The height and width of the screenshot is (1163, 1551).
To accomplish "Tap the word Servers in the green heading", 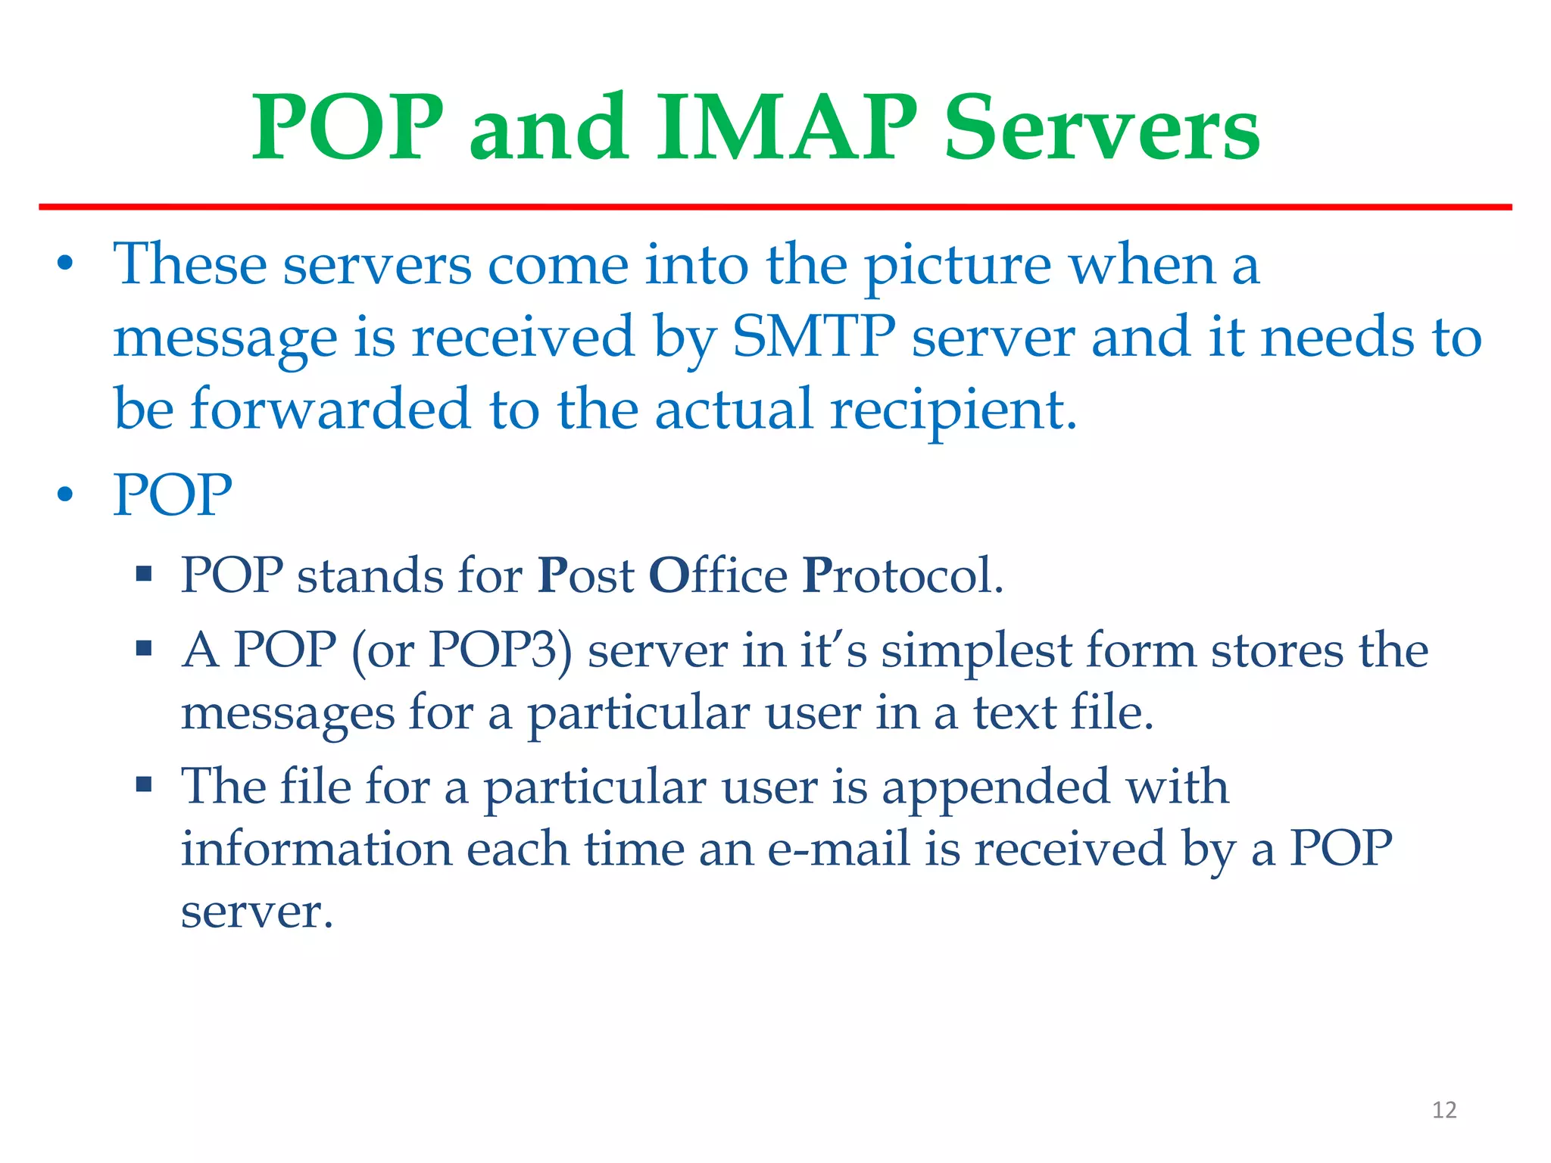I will tap(1102, 129).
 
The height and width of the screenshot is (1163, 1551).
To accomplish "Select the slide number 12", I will tap(1444, 1110).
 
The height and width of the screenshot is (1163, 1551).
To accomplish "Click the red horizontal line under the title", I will tap(775, 207).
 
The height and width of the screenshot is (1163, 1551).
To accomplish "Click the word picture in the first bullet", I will tap(957, 267).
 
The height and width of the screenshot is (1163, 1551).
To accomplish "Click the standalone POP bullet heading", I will tap(173, 494).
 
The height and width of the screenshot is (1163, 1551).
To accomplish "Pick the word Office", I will tap(718, 575).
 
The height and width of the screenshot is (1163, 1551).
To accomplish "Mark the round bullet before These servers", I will tap(66, 265).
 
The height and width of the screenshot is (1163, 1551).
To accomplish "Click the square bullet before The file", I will tap(144, 784).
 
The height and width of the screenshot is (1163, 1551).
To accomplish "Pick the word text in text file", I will tap(1015, 712).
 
